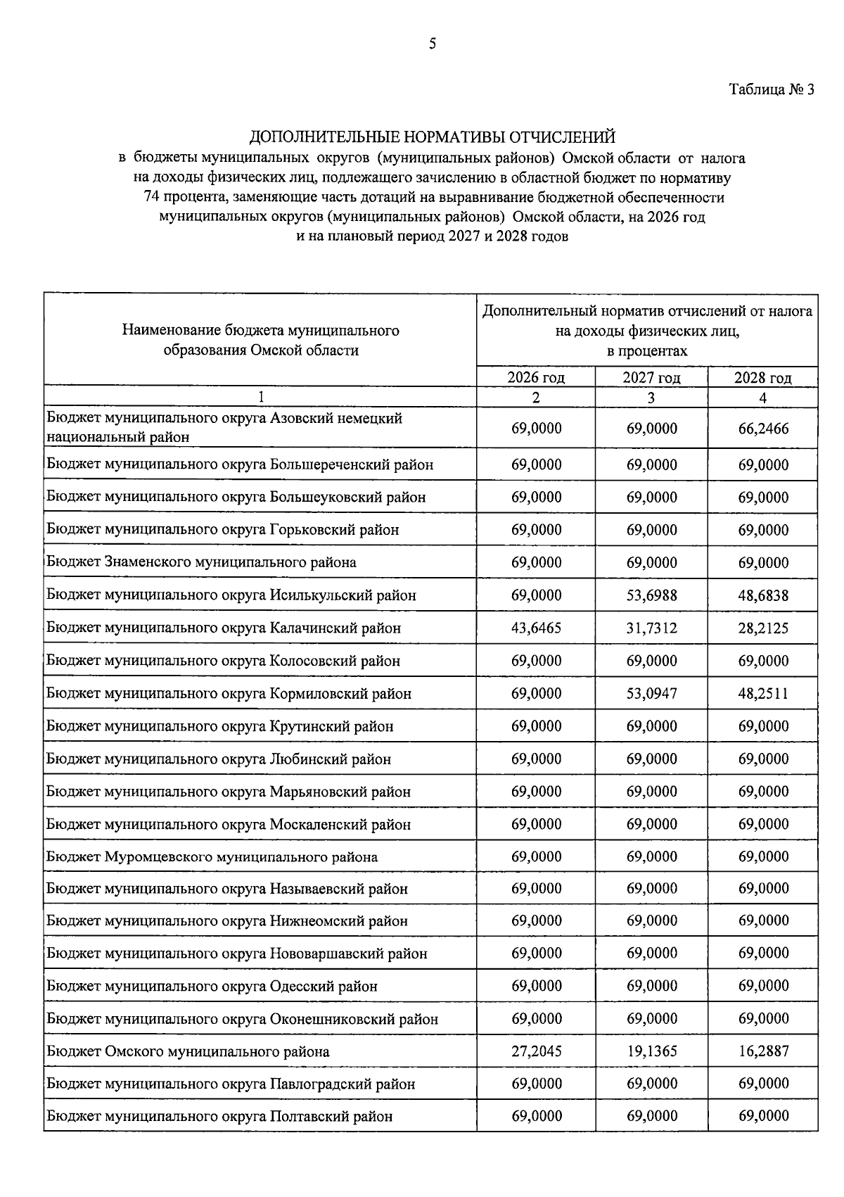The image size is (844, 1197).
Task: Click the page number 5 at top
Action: pos(433,44)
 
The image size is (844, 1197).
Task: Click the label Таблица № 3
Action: pos(771,90)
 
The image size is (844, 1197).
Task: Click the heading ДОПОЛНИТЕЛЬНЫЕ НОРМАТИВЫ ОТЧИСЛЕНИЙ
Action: pos(433,136)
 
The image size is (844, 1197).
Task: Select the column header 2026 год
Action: pos(536,378)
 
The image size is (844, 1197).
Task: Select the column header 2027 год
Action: pos(651,378)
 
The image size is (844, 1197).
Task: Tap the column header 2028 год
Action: pos(763,378)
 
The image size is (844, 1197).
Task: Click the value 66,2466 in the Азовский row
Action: pos(763,428)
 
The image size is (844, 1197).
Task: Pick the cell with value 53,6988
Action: pos(651,595)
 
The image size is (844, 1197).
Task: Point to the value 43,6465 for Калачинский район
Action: pos(536,628)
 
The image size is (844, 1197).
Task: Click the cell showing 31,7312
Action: pos(651,628)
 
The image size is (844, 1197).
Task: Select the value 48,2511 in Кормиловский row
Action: pos(763,693)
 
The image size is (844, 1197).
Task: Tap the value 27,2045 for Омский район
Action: pos(536,1051)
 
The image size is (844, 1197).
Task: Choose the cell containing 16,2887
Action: pos(763,1051)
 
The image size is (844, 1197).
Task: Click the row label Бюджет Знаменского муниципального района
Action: pos(202,562)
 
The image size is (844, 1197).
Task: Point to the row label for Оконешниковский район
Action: pos(243,1019)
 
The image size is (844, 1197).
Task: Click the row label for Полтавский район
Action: pos(220,1116)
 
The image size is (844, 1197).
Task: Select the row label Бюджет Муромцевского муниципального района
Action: pos(212,856)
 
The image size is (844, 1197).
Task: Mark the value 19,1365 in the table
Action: pos(651,1051)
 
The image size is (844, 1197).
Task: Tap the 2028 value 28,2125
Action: pos(763,628)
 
